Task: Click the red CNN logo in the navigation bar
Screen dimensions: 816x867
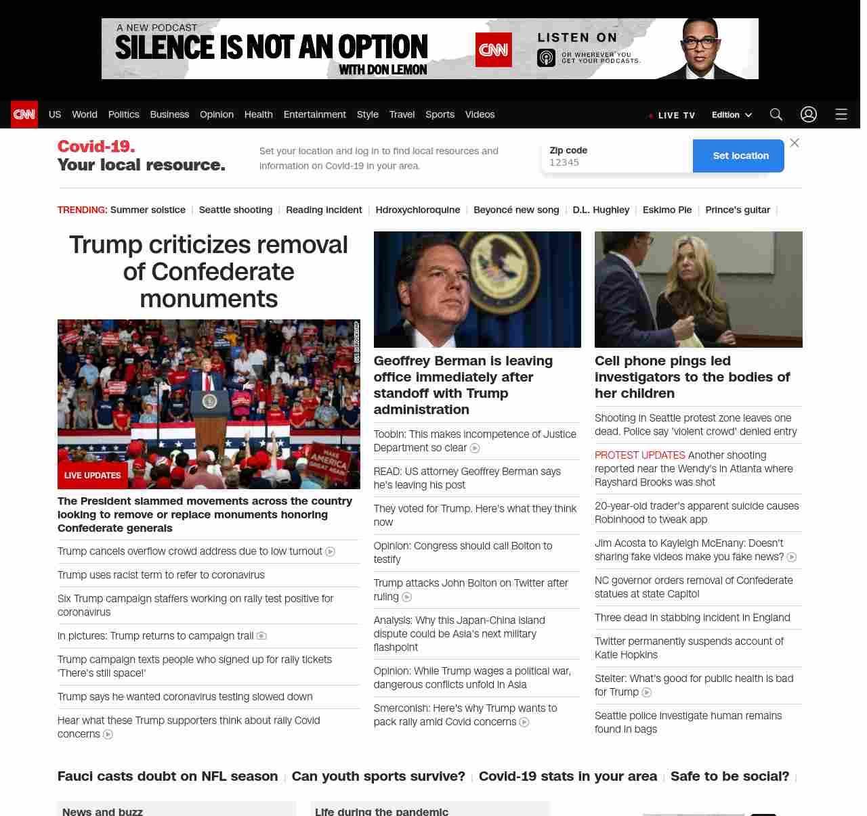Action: click(24, 114)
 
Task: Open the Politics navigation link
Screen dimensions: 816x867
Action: click(123, 114)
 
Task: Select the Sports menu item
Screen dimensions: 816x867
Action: click(440, 114)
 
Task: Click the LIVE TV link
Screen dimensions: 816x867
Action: click(673, 115)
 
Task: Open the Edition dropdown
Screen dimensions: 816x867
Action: click(732, 115)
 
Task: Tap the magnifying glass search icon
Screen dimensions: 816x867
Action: click(776, 114)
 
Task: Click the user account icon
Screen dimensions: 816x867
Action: click(809, 114)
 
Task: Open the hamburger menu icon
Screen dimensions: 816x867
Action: click(841, 114)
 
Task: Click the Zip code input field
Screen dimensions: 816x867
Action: click(616, 162)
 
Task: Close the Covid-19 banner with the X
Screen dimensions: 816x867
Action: click(795, 143)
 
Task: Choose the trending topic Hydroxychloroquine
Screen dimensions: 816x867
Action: click(417, 210)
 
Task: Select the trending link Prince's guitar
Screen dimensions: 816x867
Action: click(737, 210)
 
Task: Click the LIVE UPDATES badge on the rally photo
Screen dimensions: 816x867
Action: click(93, 476)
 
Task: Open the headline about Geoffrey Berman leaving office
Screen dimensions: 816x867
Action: click(463, 385)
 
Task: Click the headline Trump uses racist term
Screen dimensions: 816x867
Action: click(161, 575)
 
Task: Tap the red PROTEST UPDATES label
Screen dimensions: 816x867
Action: click(639, 455)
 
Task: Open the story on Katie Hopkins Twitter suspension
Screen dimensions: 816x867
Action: click(689, 648)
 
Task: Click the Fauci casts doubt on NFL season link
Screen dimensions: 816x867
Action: click(167, 776)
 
